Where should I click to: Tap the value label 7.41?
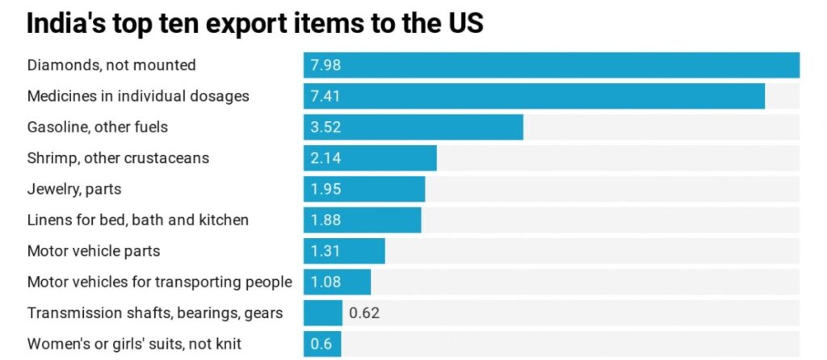(325, 97)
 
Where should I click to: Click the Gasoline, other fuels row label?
(98, 128)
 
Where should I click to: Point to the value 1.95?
(325, 190)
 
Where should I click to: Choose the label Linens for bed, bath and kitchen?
(138, 220)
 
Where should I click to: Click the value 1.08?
(325, 283)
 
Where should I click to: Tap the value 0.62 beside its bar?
(364, 313)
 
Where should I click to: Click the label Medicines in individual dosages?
(138, 97)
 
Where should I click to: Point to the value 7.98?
(325, 65)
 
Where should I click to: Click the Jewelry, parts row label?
(74, 190)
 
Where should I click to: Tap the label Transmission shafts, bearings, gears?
(155, 313)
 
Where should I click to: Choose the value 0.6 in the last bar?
(321, 344)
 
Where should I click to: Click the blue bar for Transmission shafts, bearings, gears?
(323, 313)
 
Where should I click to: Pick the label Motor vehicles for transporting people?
(160, 283)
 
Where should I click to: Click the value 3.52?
(325, 128)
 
